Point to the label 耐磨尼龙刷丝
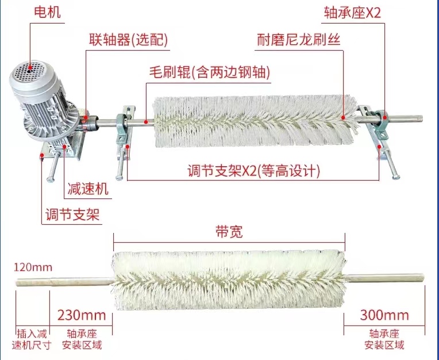(x=299, y=40)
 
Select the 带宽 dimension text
(x=230, y=232)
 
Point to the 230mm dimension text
(x=81, y=315)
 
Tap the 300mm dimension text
(x=384, y=315)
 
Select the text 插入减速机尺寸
(x=32, y=339)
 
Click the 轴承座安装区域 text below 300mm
(x=384, y=339)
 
